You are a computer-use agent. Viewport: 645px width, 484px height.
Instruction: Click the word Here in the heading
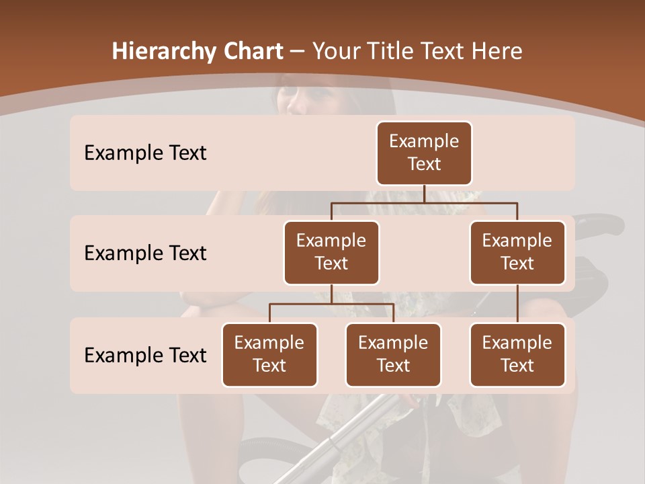click(x=495, y=52)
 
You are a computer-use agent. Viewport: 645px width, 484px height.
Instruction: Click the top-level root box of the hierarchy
click(x=424, y=153)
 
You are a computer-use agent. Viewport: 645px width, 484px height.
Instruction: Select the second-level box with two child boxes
click(x=331, y=252)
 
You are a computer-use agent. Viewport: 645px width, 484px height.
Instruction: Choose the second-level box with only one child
click(x=517, y=252)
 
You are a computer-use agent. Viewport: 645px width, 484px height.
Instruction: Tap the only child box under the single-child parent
click(x=517, y=354)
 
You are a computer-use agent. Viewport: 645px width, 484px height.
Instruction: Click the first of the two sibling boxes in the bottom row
click(x=269, y=354)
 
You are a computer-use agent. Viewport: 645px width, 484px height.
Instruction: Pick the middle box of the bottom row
click(x=393, y=354)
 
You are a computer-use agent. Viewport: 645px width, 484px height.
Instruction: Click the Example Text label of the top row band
click(x=145, y=153)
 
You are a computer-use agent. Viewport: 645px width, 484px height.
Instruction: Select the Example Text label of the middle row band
click(x=145, y=253)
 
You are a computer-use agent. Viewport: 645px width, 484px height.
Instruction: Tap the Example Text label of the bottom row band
click(x=145, y=355)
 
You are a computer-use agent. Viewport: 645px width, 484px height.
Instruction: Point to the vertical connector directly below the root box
click(x=424, y=194)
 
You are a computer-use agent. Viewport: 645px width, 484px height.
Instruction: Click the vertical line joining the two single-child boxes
click(x=517, y=303)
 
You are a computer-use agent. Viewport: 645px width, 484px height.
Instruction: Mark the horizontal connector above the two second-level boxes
click(x=424, y=202)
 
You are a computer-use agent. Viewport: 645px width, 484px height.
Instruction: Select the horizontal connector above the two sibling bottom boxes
click(x=331, y=304)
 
